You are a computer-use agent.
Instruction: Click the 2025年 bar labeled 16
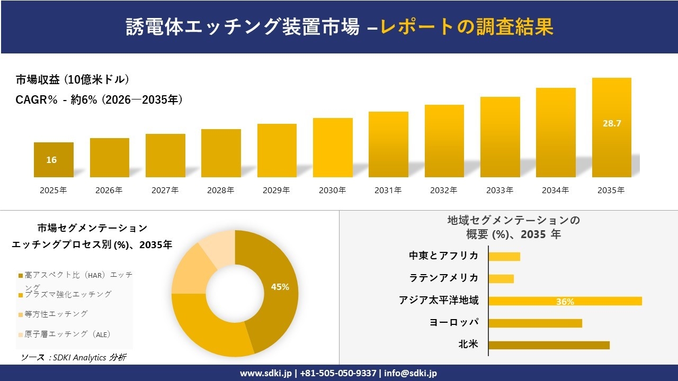(53, 160)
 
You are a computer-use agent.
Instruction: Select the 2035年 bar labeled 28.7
(611, 128)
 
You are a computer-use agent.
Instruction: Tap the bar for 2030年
(333, 148)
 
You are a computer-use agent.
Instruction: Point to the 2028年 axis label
(221, 190)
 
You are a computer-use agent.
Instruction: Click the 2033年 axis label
(499, 190)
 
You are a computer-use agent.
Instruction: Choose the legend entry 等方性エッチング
(56, 314)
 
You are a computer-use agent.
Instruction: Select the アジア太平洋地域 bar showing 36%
(565, 301)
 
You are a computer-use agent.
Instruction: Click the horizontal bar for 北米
(549, 345)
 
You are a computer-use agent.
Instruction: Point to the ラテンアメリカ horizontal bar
(501, 278)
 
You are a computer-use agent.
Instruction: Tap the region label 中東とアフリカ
(443, 256)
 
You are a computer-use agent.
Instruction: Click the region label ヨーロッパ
(454, 322)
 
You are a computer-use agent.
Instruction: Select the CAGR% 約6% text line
(100, 99)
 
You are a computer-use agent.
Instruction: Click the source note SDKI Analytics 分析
(74, 357)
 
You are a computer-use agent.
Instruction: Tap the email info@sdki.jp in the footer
(411, 373)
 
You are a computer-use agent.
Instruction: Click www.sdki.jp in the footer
(265, 373)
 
